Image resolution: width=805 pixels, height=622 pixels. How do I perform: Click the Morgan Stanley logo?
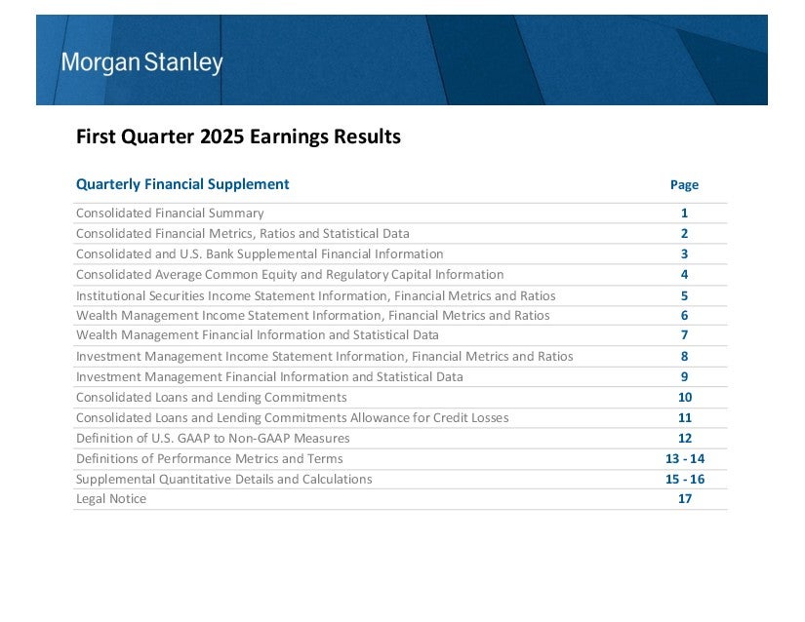pos(142,62)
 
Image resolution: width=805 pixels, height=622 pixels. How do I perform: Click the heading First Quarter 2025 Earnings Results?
pos(238,136)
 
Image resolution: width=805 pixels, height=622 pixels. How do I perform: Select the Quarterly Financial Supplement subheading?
pos(182,184)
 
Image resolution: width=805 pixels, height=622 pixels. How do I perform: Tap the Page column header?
pos(684,184)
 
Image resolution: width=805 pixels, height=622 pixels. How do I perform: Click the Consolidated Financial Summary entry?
pos(170,213)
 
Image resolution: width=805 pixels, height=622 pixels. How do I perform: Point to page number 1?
pos(684,213)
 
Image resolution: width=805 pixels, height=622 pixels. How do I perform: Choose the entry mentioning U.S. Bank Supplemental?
pos(260,253)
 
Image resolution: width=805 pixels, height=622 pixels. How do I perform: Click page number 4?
pos(684,274)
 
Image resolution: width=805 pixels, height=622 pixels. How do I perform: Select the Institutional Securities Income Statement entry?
pos(316,295)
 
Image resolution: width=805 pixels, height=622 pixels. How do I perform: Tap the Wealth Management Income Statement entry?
pos(312,315)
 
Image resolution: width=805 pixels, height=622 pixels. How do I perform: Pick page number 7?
pos(684,334)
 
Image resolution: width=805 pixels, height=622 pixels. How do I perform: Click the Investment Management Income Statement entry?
pos(325,357)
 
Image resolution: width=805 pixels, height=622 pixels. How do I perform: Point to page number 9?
pos(684,377)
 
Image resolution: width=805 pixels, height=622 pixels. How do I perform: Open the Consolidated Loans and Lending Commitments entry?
pos(211,398)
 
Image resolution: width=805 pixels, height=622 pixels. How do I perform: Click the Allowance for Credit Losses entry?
pos(292,418)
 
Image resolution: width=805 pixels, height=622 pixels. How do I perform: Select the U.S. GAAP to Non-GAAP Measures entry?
pos(213,439)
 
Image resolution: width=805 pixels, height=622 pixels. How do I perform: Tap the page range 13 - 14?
pos(685,459)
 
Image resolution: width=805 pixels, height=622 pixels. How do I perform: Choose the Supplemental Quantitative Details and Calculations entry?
pos(223,480)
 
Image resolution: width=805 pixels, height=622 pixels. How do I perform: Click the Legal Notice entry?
pos(111,499)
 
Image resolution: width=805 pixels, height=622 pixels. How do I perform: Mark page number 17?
pos(685,499)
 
